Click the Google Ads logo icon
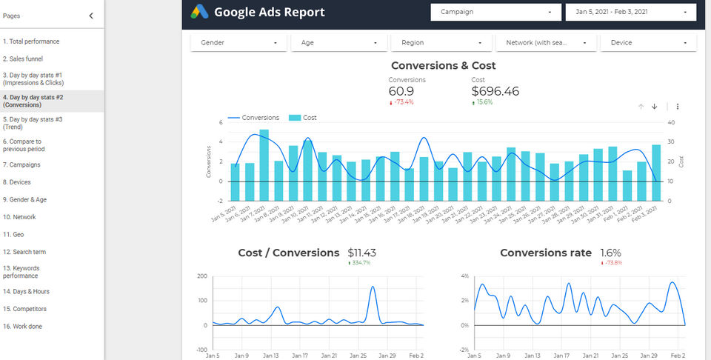tap(199, 12)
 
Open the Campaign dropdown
tap(495, 12)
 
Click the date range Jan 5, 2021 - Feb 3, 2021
tap(630, 12)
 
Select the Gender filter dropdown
tap(238, 43)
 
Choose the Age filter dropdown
tap(339, 43)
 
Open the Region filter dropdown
tap(441, 43)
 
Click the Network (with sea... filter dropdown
tap(546, 43)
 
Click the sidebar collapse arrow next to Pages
tap(91, 16)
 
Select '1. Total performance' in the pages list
tap(31, 41)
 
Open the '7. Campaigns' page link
tap(21, 164)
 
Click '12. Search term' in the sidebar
tap(24, 252)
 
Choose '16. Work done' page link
tap(23, 326)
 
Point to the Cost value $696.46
tap(495, 92)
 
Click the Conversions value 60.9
tap(401, 92)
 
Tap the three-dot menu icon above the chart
tap(678, 107)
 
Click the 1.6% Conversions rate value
tap(611, 253)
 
